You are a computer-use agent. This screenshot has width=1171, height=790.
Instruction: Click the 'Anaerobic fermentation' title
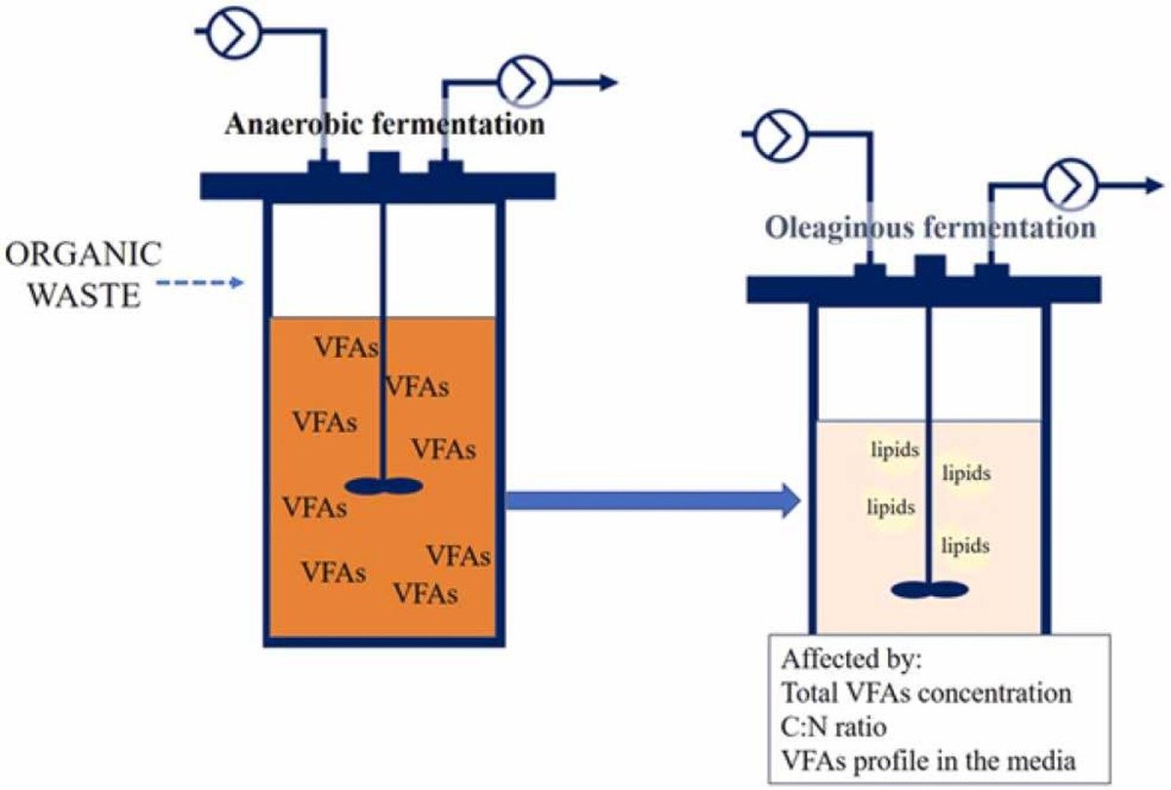[x=384, y=126]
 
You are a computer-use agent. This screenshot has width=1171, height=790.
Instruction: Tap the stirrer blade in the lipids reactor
[x=930, y=589]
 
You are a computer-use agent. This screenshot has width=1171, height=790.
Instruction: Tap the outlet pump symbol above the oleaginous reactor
[x=1071, y=184]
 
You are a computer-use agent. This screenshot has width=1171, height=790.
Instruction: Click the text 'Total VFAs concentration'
[x=926, y=693]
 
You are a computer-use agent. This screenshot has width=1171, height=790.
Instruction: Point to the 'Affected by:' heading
[x=851, y=660]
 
